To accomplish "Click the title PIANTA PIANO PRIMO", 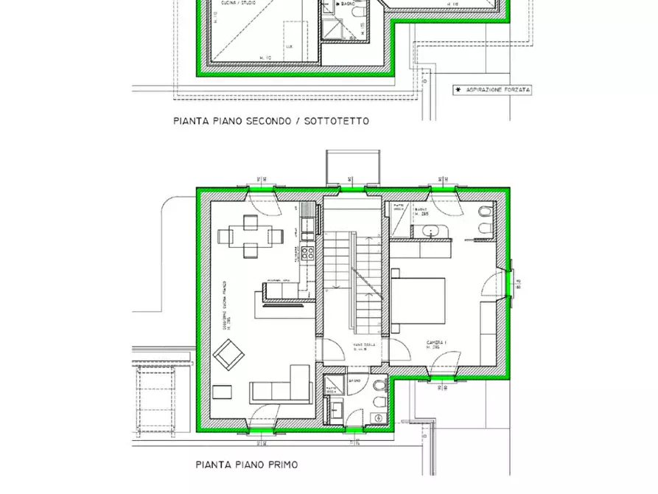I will (246, 465).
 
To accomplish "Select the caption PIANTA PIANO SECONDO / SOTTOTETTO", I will (271, 121).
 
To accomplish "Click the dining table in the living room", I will (251, 237).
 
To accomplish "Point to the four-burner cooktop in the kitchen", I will (307, 254).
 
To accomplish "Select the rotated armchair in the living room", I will (229, 355).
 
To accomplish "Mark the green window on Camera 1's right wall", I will (509, 283).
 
